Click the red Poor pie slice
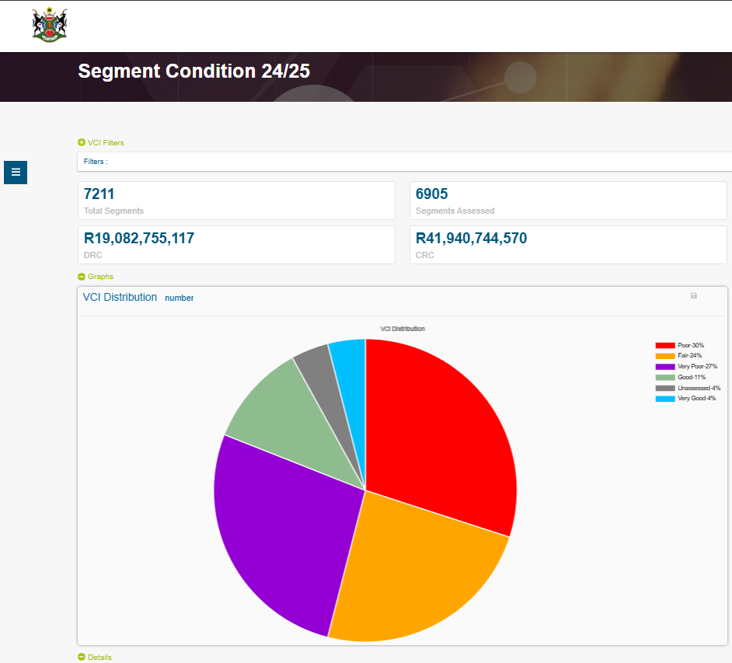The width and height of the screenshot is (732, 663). coord(443,435)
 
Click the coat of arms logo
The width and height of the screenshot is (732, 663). coord(50,25)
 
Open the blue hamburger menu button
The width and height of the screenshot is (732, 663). coord(16,172)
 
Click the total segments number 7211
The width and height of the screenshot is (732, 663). coord(99,194)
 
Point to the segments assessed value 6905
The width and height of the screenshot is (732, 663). coord(432,194)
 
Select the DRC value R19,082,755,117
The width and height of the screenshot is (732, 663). coord(139,239)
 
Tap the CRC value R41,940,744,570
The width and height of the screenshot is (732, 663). coord(471,239)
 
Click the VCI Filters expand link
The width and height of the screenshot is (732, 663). coord(101,143)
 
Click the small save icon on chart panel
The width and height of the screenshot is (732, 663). coord(694,296)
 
